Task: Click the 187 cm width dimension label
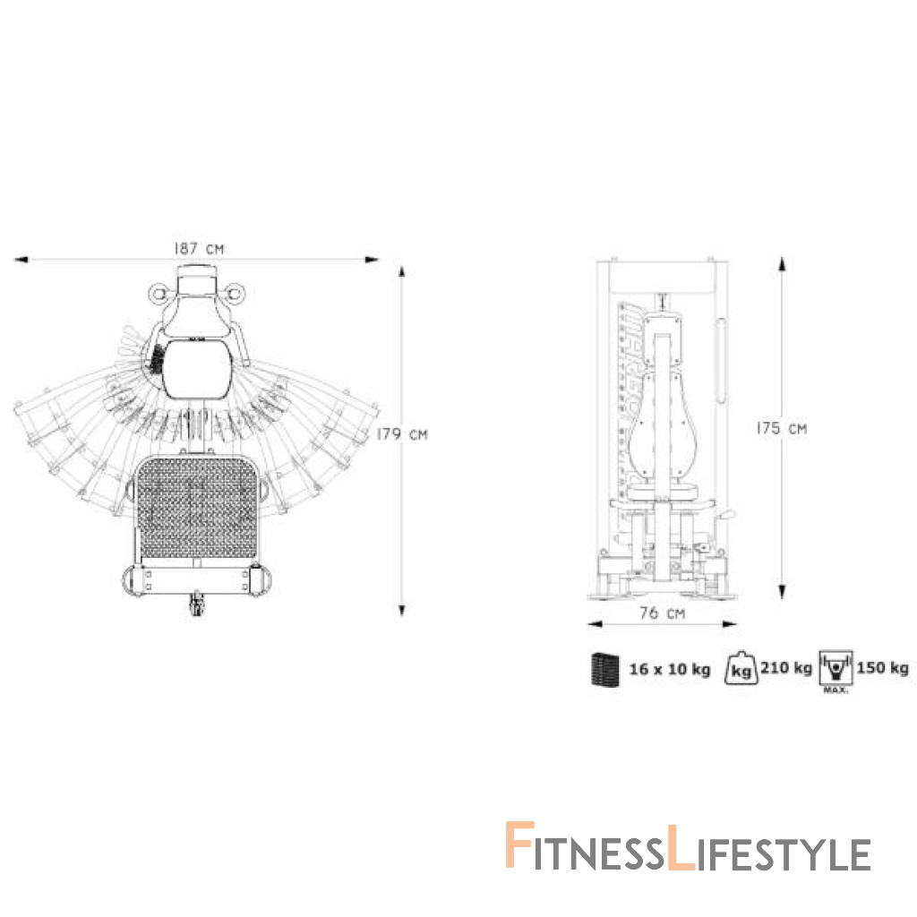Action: [x=199, y=249]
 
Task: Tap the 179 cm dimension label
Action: [x=402, y=434]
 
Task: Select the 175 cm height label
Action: [x=781, y=428]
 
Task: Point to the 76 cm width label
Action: [x=662, y=613]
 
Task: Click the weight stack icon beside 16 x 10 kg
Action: [x=604, y=668]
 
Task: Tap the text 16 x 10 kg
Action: [x=670, y=669]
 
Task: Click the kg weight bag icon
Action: [x=741, y=668]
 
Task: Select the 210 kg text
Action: [x=786, y=668]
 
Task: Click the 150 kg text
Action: [x=882, y=668]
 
